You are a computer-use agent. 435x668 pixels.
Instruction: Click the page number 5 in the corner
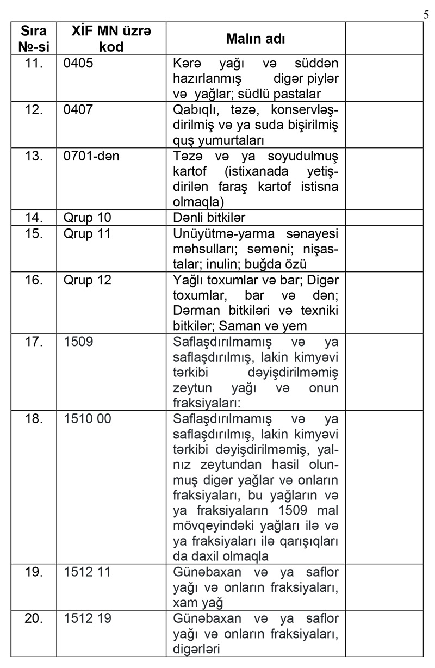point(426,14)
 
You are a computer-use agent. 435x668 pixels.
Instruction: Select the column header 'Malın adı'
point(256,39)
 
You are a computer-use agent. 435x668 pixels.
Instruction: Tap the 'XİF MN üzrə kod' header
point(112,39)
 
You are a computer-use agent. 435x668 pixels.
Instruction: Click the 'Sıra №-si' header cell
point(34,39)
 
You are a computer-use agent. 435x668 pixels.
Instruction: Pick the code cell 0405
point(78,63)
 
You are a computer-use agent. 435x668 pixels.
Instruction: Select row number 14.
point(34,218)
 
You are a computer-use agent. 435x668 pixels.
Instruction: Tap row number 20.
point(34,618)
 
